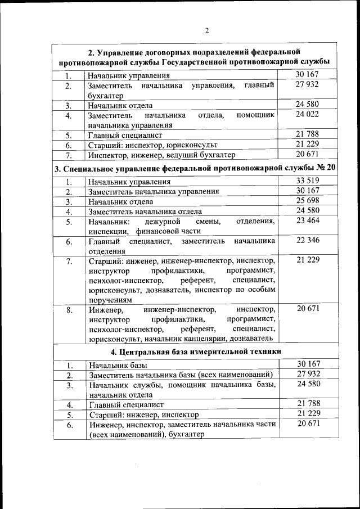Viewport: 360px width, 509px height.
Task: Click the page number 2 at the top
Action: pyautogui.click(x=207, y=30)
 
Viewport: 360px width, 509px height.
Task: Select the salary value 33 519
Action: pyautogui.click(x=308, y=181)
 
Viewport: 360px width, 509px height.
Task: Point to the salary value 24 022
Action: pyautogui.click(x=308, y=115)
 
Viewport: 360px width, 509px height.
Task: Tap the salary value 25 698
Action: pyautogui.click(x=308, y=201)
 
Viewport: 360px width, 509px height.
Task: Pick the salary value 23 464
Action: pyautogui.click(x=308, y=221)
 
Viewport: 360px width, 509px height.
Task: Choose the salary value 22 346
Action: pyautogui.click(x=308, y=241)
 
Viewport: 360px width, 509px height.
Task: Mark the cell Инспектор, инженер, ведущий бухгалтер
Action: pyautogui.click(x=161, y=155)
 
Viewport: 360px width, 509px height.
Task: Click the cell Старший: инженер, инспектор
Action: pyautogui.click(x=144, y=415)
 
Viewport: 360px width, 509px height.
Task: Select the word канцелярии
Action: pyautogui.click(x=228, y=339)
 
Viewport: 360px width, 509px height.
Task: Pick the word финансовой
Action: pyautogui.click(x=160, y=231)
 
